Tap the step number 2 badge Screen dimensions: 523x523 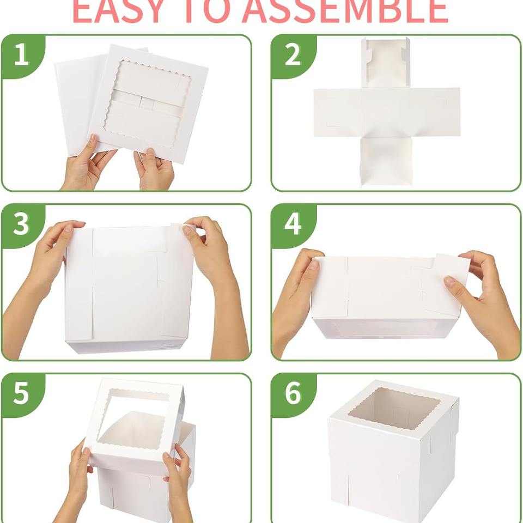pyautogui.click(x=292, y=56)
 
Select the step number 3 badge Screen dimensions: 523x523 pyautogui.click(x=21, y=225)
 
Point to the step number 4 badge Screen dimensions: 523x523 pyautogui.click(x=292, y=225)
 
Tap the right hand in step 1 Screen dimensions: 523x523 pyautogui.click(x=154, y=169)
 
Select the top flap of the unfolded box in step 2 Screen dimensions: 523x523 pyautogui.click(x=386, y=63)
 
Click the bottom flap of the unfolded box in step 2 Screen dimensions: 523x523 pyautogui.click(x=386, y=162)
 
